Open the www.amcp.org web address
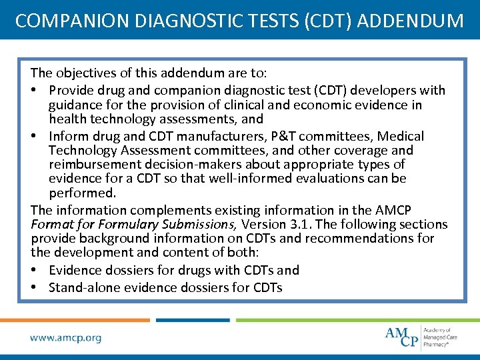[66, 338]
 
